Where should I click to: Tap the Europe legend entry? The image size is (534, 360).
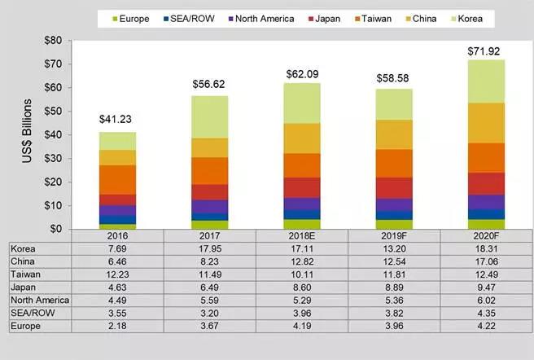click(129, 18)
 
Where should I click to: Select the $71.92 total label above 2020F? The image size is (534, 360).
click(486, 51)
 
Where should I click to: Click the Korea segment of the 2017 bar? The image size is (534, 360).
click(210, 116)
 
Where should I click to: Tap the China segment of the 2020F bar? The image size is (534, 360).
click(486, 123)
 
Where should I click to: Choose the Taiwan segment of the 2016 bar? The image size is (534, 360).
click(117, 179)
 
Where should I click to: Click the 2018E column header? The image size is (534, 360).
click(302, 235)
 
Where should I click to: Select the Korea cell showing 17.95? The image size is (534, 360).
click(210, 248)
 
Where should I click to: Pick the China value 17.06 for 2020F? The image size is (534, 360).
click(486, 262)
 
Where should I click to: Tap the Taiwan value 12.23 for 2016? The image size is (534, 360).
click(117, 275)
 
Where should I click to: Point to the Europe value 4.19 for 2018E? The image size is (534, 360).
click(302, 326)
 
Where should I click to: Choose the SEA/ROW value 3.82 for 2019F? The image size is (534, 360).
click(393, 313)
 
